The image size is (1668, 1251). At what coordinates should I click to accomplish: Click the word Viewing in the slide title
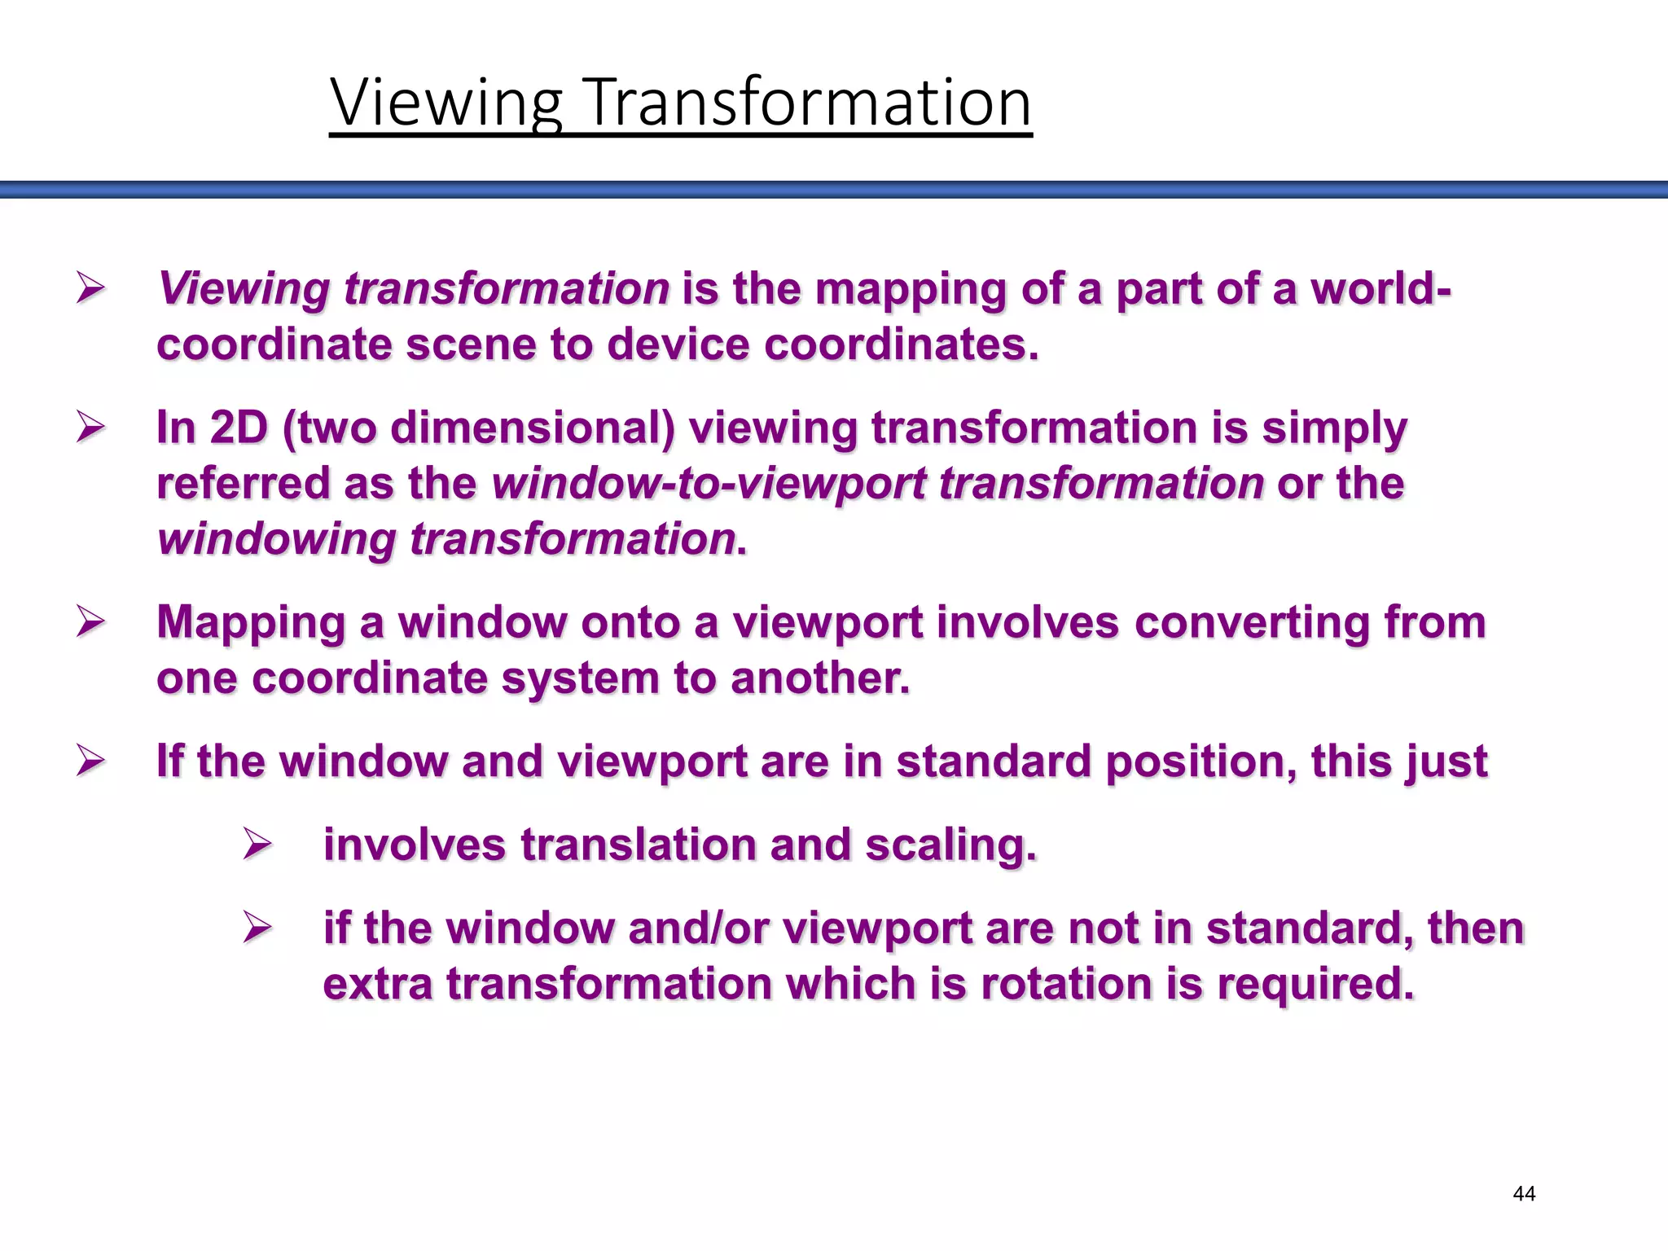446,103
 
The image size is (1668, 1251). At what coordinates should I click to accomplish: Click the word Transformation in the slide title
808,103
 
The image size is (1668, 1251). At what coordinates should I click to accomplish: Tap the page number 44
1523,1194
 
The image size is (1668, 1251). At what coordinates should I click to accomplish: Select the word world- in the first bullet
1380,288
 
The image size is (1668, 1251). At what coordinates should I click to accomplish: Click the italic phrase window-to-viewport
709,483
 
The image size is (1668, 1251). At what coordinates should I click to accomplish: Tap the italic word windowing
277,539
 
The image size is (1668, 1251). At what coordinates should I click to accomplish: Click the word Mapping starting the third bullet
251,623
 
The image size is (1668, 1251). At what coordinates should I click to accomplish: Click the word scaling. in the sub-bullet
950,845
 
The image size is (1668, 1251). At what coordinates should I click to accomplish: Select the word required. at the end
1315,983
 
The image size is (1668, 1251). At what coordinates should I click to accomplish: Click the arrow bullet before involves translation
257,844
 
